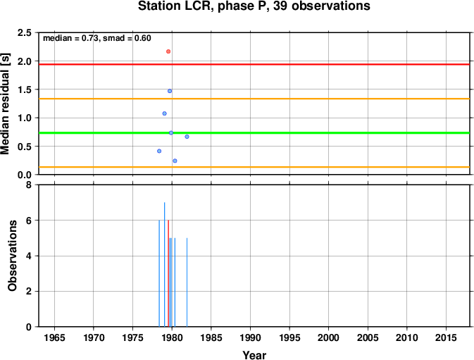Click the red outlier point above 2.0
(x=168, y=51)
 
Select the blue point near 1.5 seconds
(x=170, y=91)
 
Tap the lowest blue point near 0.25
(x=175, y=161)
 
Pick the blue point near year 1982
(x=187, y=137)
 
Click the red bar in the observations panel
(x=168, y=273)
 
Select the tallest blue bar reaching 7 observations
(x=164, y=264)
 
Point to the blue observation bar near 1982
(x=187, y=283)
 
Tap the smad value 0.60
(x=143, y=38)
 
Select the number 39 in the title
(x=280, y=6)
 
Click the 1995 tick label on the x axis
(x=289, y=337)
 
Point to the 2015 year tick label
(x=446, y=337)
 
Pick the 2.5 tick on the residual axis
(x=25, y=32)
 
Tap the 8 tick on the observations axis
(x=29, y=185)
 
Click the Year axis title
(x=254, y=355)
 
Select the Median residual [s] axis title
(x=5, y=104)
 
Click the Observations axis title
(x=12, y=256)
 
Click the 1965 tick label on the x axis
(x=54, y=337)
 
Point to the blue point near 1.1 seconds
(x=164, y=113)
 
